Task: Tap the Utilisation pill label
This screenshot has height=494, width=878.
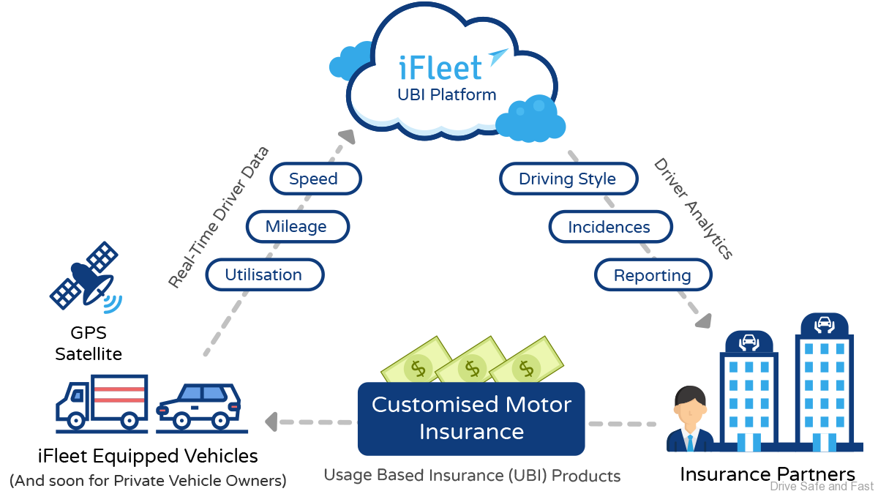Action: (x=263, y=275)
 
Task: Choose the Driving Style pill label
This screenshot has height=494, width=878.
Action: (x=567, y=179)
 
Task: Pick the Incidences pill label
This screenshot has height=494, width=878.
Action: (x=609, y=227)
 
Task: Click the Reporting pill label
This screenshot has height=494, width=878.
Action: (x=652, y=275)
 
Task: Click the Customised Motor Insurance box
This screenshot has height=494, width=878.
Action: (x=471, y=418)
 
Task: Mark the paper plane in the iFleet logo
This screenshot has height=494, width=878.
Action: (x=498, y=56)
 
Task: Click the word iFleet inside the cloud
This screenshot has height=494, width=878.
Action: (x=440, y=67)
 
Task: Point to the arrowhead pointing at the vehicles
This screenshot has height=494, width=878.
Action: (x=271, y=422)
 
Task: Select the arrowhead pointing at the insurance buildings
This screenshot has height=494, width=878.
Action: (x=704, y=320)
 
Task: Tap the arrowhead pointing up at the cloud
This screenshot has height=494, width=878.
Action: (x=345, y=135)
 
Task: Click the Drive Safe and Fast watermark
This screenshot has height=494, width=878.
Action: (x=822, y=486)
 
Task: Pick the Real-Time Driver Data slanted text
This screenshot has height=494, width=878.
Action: (x=218, y=217)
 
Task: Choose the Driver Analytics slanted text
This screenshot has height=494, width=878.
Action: (x=692, y=209)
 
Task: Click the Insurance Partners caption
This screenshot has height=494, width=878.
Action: (x=768, y=474)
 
